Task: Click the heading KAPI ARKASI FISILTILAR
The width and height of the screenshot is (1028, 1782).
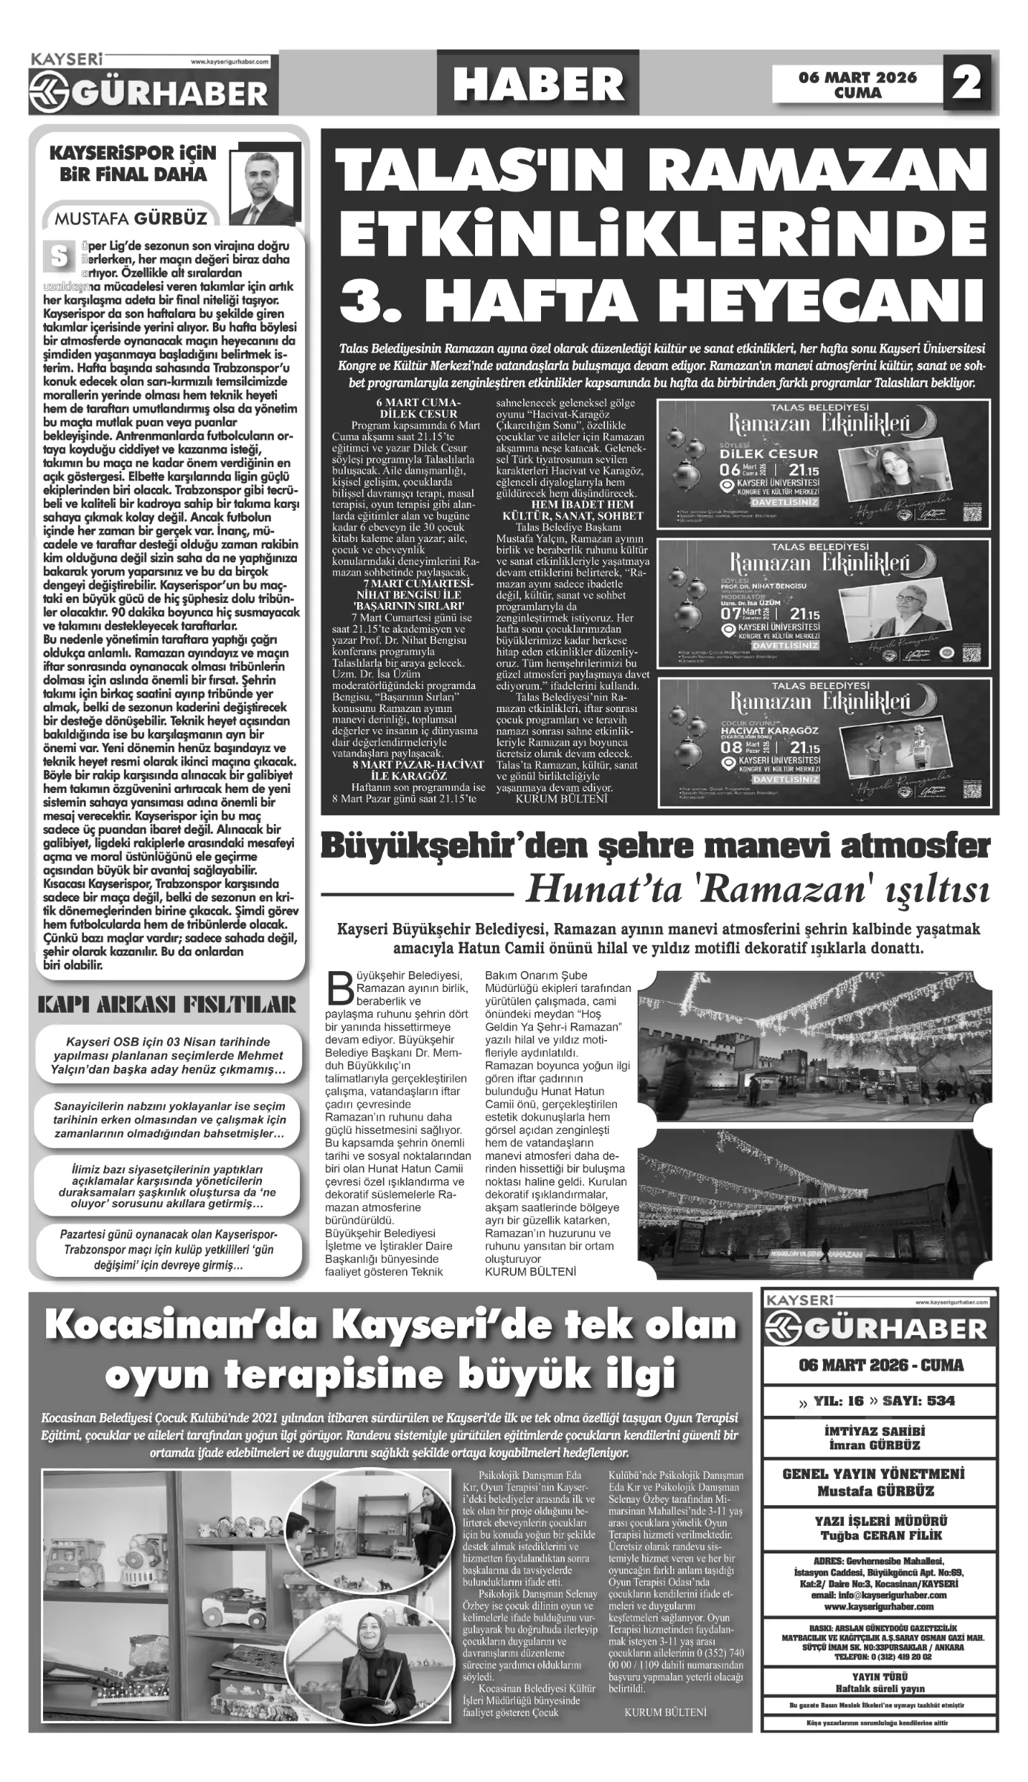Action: click(167, 1006)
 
